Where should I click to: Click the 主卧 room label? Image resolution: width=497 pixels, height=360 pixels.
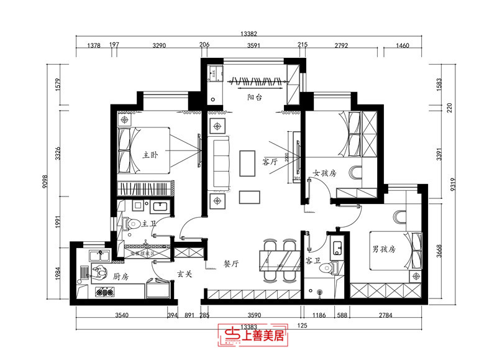tap(152, 155)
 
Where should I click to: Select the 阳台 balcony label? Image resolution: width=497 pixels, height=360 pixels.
tap(253, 97)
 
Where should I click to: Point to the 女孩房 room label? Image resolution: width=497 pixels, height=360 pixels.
tap(324, 173)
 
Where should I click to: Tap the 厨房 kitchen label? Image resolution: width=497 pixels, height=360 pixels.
tap(121, 275)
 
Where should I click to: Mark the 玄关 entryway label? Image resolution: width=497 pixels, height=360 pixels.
tap(183, 273)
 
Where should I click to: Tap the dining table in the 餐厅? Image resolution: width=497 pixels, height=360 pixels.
tap(278, 258)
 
